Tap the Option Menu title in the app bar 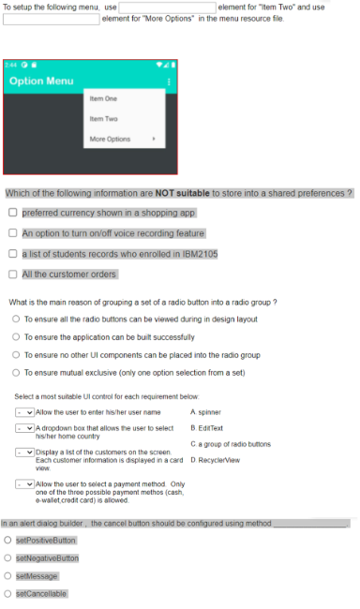[41, 81]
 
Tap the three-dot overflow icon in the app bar [169, 82]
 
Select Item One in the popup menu [104, 97]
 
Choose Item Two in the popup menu [104, 118]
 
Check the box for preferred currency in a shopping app [12, 213]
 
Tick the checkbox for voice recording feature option [12, 233]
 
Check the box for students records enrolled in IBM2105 [12, 253]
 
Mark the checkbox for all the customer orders [12, 274]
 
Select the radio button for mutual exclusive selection [16, 372]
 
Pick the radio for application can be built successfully [16, 336]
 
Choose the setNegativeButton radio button [8, 558]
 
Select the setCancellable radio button [8, 593]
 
